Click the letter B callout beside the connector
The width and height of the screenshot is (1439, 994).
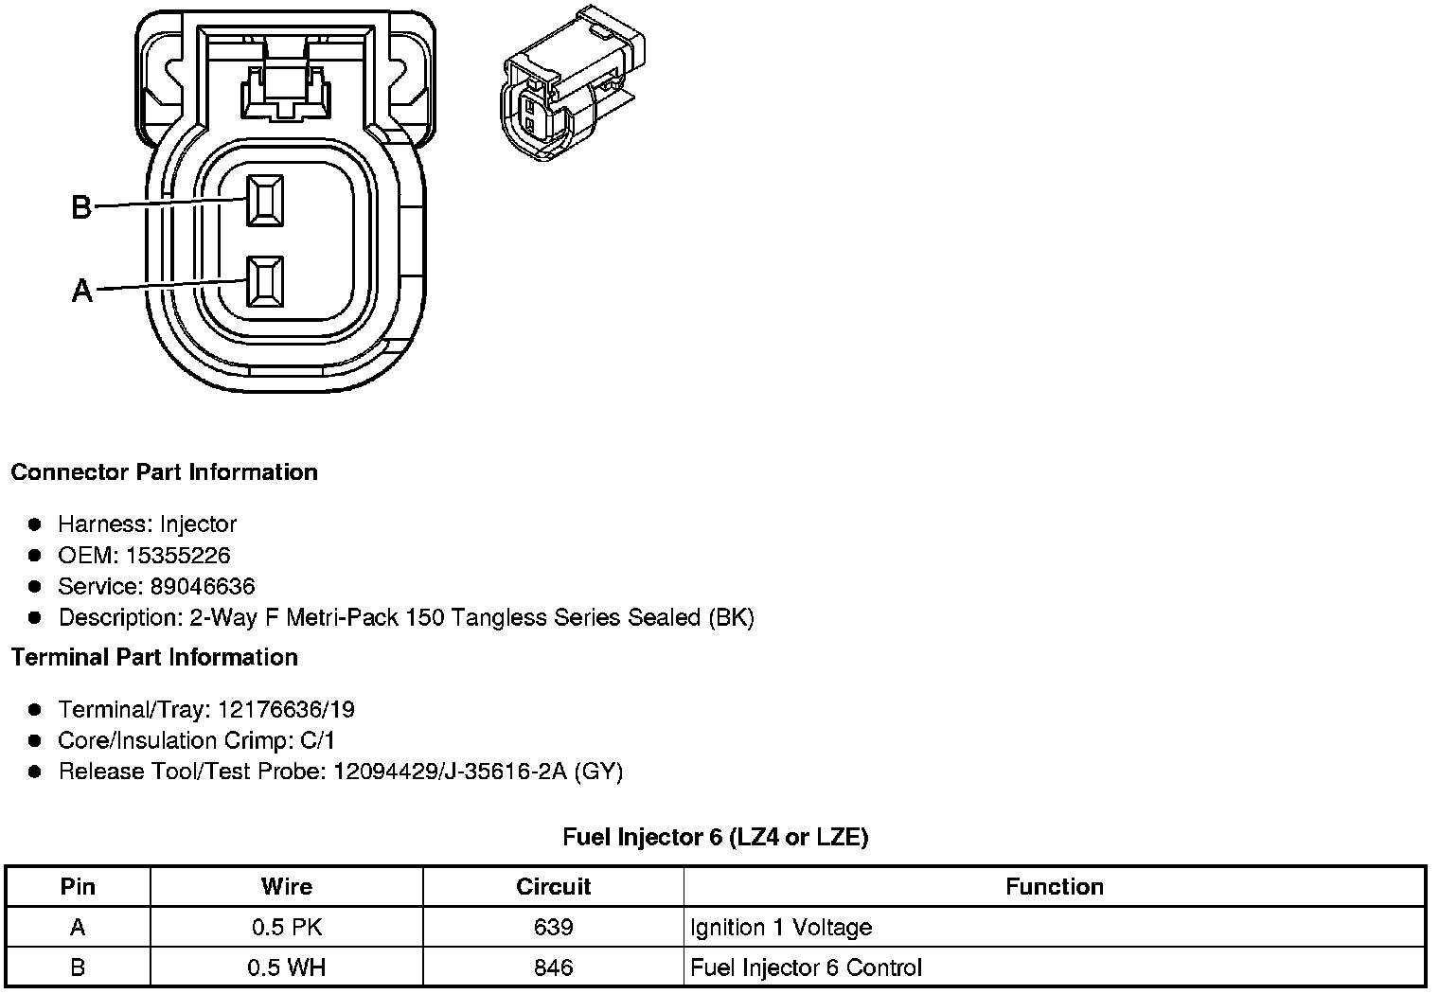[81, 206]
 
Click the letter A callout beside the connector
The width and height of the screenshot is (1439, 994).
[82, 291]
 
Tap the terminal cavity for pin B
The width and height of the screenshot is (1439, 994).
[264, 201]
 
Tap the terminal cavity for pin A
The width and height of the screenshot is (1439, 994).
[264, 282]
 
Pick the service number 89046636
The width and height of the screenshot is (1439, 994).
[203, 587]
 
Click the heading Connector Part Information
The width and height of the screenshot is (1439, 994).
[164, 472]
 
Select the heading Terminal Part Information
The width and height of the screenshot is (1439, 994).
[154, 658]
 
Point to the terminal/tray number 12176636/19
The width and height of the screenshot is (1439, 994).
[286, 710]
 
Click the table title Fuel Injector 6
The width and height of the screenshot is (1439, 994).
[715, 837]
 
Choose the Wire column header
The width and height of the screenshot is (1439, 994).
[286, 887]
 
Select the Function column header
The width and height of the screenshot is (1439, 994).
[1054, 887]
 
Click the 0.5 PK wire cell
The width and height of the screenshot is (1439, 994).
[286, 928]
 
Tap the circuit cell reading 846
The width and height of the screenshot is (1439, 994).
[553, 967]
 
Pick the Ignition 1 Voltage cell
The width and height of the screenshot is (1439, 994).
[781, 928]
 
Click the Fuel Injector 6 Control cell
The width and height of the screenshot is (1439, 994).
[806, 967]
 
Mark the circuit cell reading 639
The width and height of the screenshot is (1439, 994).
[553, 928]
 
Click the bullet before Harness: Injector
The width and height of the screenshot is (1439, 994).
[35, 524]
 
